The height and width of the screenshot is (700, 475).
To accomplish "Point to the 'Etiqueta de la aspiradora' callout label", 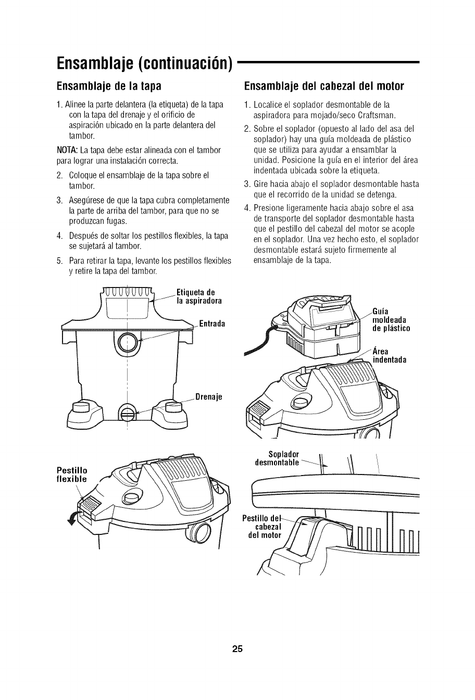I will click(x=199, y=296).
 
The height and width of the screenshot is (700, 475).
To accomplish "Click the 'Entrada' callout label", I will click(x=211, y=323).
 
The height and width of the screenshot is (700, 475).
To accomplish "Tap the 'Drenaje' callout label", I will click(x=209, y=396).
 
